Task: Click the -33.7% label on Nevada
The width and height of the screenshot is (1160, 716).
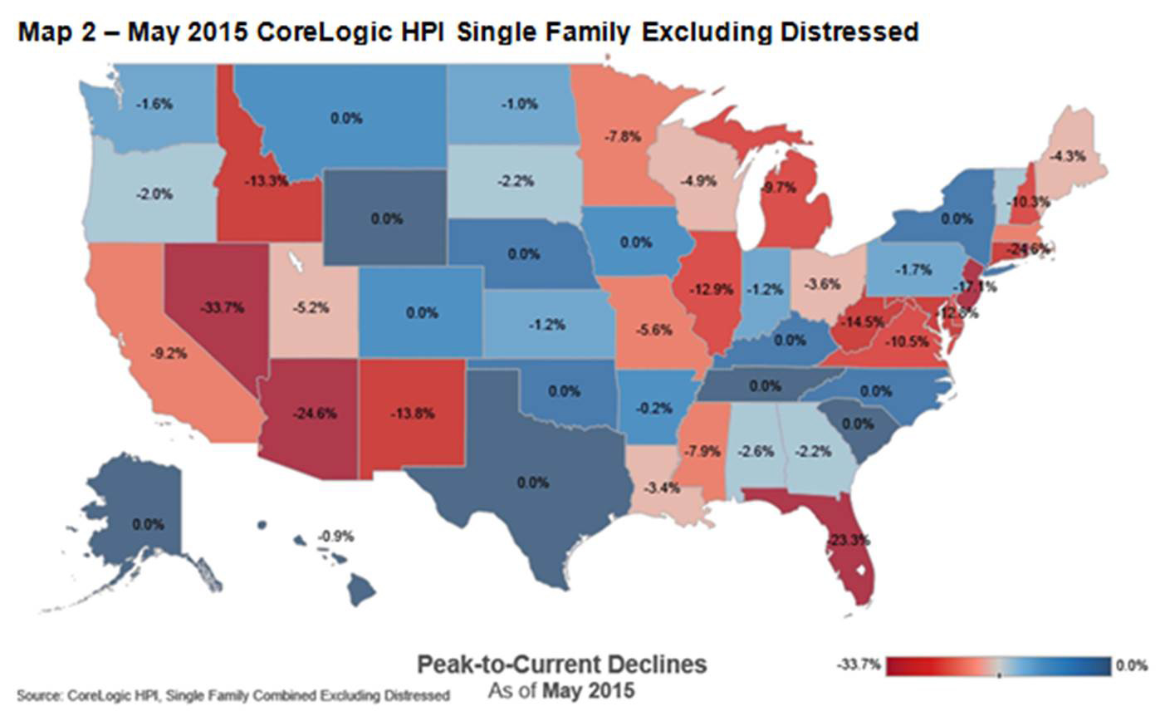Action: [221, 307]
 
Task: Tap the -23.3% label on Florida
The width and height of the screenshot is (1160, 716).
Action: [848, 539]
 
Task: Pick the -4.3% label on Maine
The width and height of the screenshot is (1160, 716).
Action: [1067, 155]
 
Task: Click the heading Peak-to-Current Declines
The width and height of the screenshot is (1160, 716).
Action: [561, 665]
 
